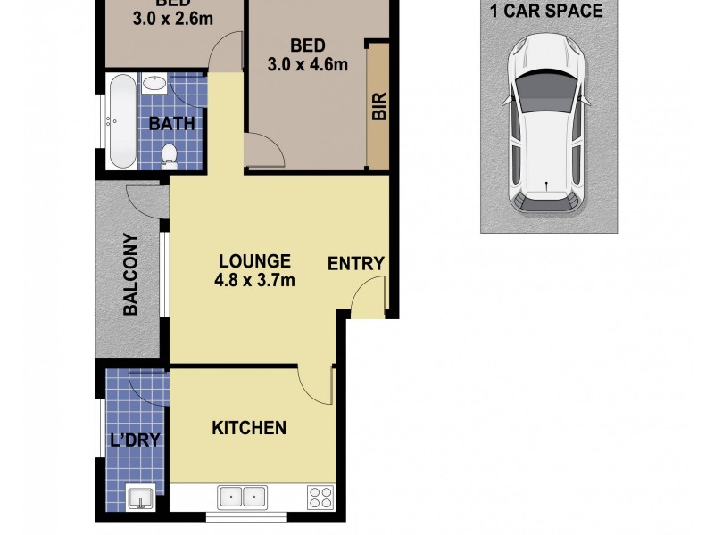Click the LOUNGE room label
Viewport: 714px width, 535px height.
click(255, 261)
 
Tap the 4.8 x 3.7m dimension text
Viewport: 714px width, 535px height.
click(255, 280)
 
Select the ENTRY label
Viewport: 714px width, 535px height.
click(355, 264)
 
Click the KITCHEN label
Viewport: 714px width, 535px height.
click(248, 428)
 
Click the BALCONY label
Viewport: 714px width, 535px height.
click(130, 275)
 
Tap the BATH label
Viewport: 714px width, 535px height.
click(171, 124)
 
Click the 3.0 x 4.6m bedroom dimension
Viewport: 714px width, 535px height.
click(307, 63)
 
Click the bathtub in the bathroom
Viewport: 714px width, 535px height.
click(122, 123)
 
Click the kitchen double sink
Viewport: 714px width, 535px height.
click(242, 496)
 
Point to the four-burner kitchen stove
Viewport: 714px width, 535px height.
click(320, 497)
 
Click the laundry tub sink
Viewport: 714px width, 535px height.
click(140, 497)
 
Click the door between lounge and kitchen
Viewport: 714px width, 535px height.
click(317, 383)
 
